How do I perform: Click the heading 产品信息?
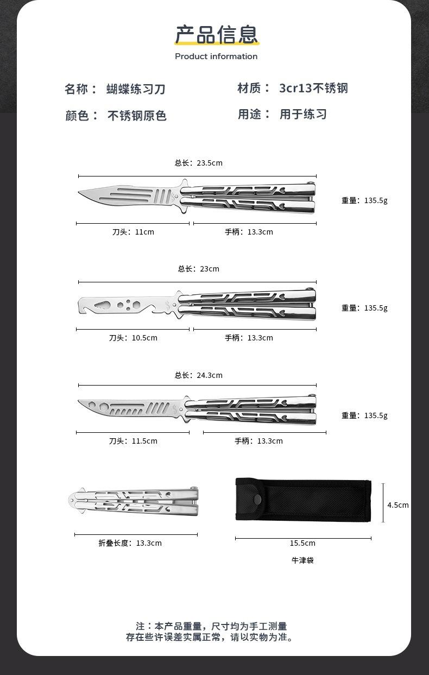click(x=216, y=35)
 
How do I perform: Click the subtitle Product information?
click(x=216, y=56)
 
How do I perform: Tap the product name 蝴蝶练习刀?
click(x=135, y=89)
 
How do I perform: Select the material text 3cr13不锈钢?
click(x=313, y=88)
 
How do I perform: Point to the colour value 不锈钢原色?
click(x=137, y=115)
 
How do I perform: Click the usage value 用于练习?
click(x=303, y=114)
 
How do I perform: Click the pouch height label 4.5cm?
click(x=398, y=505)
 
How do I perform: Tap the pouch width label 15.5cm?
click(x=302, y=543)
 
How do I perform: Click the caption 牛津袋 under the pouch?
click(x=302, y=560)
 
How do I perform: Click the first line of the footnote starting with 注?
click(x=211, y=626)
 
